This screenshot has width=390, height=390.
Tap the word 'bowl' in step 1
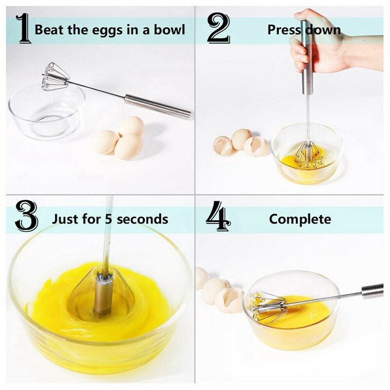(x=169, y=30)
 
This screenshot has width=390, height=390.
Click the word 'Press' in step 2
(x=283, y=30)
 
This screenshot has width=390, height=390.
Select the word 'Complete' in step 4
(x=300, y=219)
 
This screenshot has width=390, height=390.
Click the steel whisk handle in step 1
(x=156, y=106)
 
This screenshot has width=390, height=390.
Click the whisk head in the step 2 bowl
(x=308, y=154)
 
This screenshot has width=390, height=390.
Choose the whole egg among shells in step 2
(x=241, y=139)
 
